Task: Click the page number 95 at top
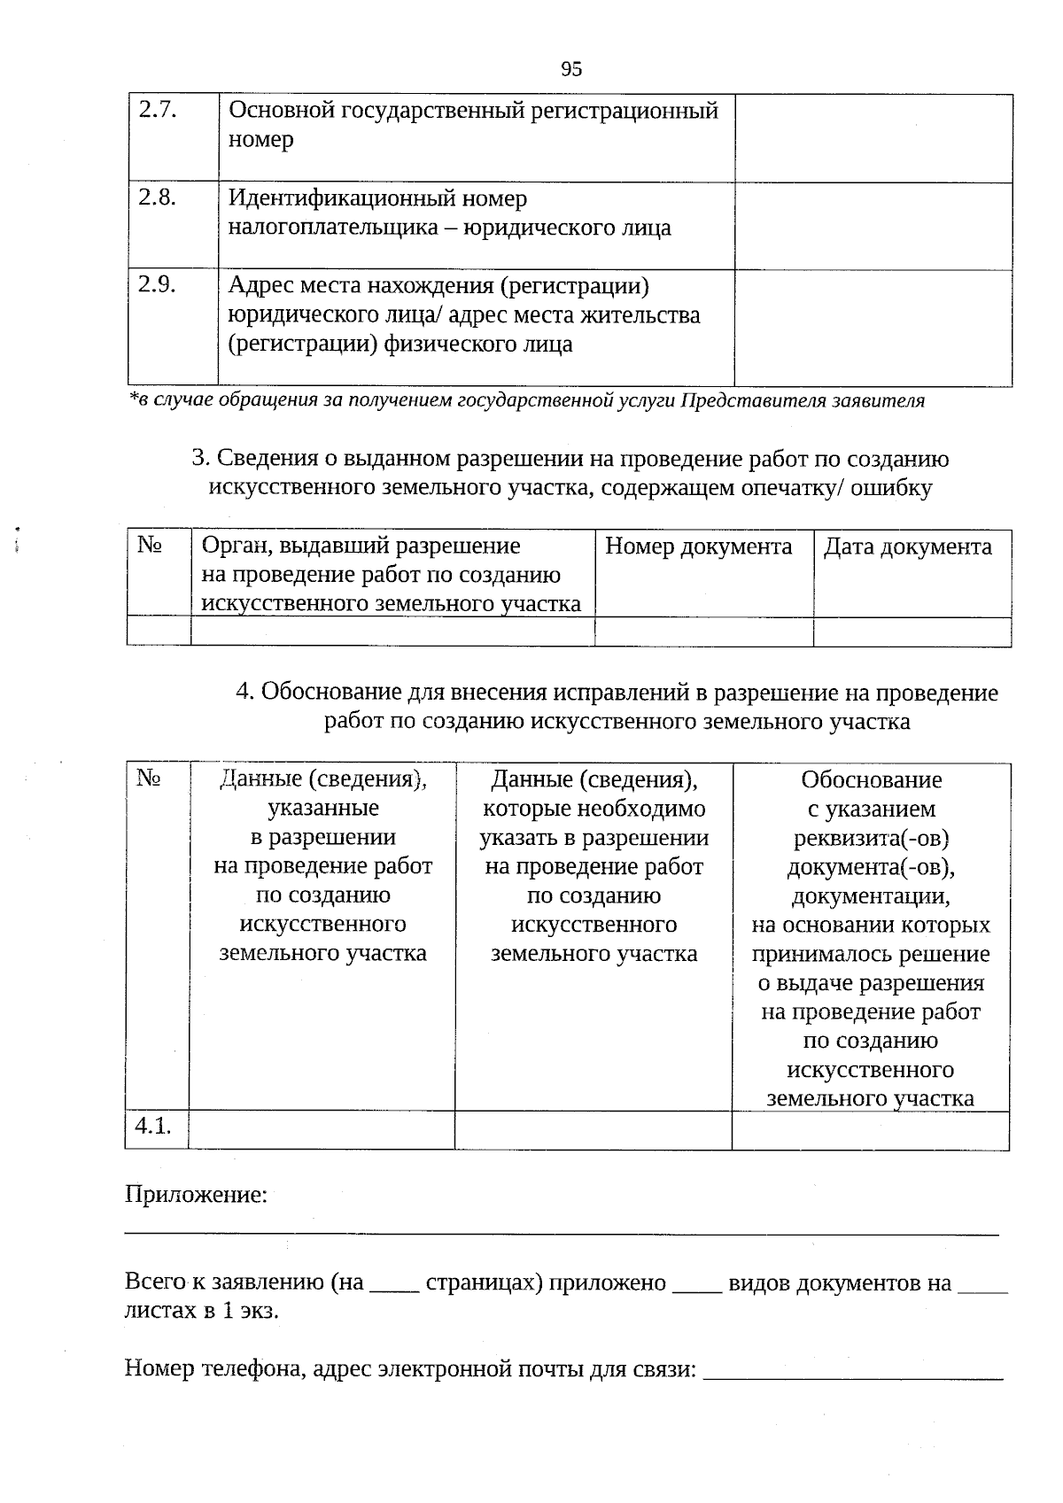tap(571, 69)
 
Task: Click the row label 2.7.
tap(158, 110)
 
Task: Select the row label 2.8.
tap(158, 198)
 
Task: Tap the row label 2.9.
tap(158, 284)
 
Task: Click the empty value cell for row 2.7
tap(873, 137)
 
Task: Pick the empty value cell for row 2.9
tap(873, 327)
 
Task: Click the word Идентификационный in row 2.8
tap(377, 198)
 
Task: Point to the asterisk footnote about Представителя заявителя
tap(526, 400)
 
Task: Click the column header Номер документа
tap(698, 546)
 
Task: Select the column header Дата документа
tap(907, 546)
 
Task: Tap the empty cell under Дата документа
tap(912, 631)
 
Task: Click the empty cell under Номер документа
tap(703, 631)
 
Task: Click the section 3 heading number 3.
tap(199, 459)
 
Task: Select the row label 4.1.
tap(152, 1126)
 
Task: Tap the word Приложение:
tap(196, 1195)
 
